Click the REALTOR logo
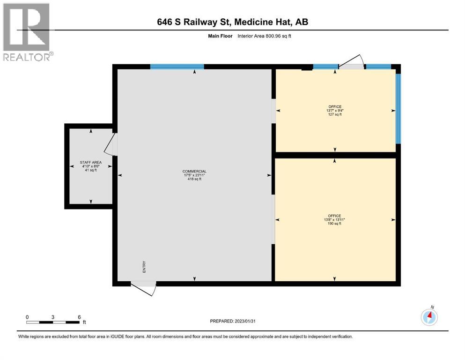(x=28, y=32)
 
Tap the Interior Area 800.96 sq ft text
(x=264, y=36)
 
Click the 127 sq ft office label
(x=335, y=111)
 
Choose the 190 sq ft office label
(x=334, y=220)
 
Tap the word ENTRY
(x=144, y=267)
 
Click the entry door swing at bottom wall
(x=144, y=288)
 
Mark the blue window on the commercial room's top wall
(x=177, y=67)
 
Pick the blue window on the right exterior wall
(x=399, y=109)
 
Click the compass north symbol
(x=429, y=317)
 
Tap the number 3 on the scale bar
(x=53, y=317)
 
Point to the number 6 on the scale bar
(x=79, y=317)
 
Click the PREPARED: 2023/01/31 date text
(x=232, y=321)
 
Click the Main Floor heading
(x=220, y=36)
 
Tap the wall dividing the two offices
(x=335, y=155)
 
